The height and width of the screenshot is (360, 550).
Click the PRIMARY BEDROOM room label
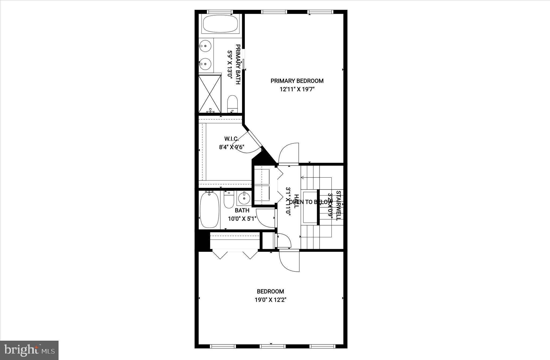pyautogui.click(x=297, y=81)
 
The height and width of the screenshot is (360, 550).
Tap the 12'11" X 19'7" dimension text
pyautogui.click(x=297, y=89)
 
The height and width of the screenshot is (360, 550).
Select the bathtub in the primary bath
pyautogui.click(x=220, y=24)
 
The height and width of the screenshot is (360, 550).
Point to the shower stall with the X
pyautogui.click(x=210, y=94)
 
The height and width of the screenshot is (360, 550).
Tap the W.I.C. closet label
pyautogui.click(x=231, y=139)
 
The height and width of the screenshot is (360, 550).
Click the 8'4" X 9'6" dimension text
pyautogui.click(x=231, y=147)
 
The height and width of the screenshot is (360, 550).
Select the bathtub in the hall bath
pyautogui.click(x=209, y=210)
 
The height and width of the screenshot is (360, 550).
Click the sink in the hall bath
pyautogui.click(x=244, y=198)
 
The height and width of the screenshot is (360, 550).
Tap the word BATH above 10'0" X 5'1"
pyautogui.click(x=242, y=210)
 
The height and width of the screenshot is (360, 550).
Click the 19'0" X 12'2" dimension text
pyautogui.click(x=270, y=300)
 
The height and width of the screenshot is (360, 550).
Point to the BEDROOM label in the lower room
pyautogui.click(x=270, y=291)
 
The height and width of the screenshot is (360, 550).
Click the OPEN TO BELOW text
pyautogui.click(x=310, y=202)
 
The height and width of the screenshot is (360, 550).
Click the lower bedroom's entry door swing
pyautogui.click(x=290, y=262)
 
